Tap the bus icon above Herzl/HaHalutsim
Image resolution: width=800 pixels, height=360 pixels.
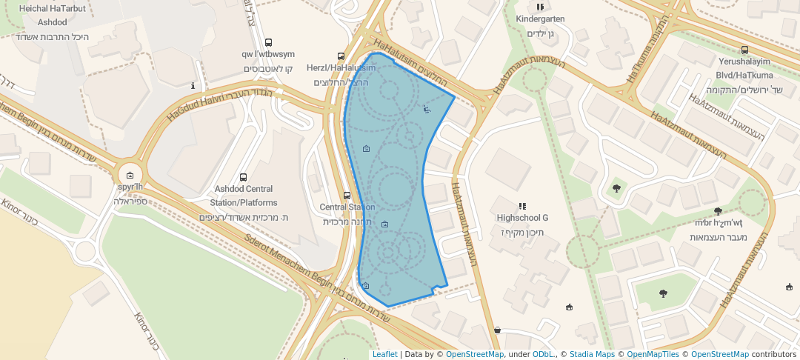point(341,56)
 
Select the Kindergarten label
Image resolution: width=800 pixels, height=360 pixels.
point(540,19)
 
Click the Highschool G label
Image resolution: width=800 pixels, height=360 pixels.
point(522,218)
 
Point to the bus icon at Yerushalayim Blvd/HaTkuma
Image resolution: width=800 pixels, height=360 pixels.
point(744,50)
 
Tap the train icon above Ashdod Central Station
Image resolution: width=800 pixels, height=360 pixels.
point(244,178)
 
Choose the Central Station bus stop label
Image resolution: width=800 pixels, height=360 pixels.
point(347,207)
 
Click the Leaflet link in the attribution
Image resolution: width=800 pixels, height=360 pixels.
point(384,354)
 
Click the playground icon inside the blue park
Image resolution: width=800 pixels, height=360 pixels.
point(427,110)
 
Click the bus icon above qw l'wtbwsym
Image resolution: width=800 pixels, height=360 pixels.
point(268,42)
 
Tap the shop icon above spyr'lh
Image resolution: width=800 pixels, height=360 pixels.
point(130,176)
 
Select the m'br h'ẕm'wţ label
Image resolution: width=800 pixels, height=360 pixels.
point(718,222)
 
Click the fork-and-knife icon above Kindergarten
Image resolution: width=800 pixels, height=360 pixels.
point(540,7)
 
